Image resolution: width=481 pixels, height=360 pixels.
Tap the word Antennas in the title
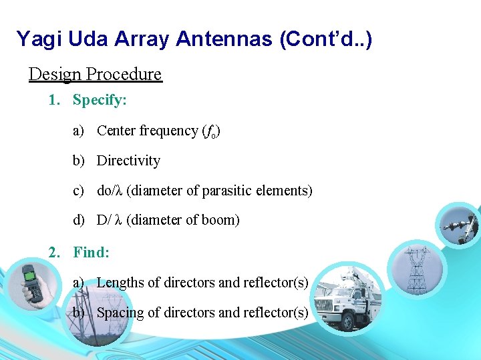click(218, 39)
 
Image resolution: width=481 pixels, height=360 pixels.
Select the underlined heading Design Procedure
click(95, 73)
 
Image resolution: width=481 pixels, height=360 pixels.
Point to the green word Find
click(91, 252)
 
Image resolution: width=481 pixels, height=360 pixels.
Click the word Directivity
click(128, 161)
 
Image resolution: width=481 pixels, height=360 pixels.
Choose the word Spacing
click(120, 313)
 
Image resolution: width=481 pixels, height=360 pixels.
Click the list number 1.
click(53, 101)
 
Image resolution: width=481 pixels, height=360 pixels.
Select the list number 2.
click(53, 252)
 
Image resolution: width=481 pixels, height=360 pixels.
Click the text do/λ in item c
click(110, 191)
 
